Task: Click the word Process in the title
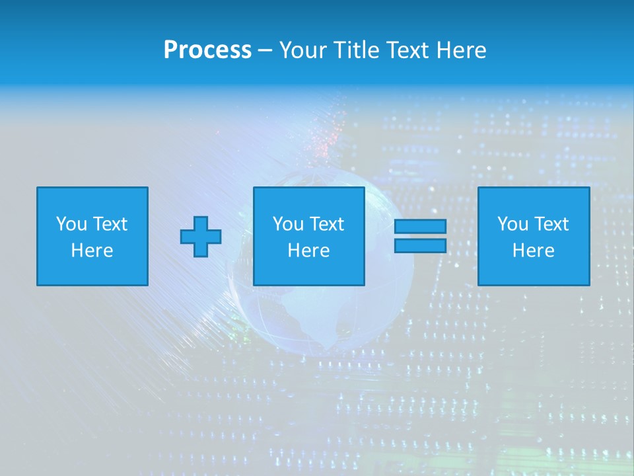pyautogui.click(x=207, y=50)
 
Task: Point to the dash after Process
pyautogui.click(x=265, y=51)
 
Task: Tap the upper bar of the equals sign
pyautogui.click(x=420, y=227)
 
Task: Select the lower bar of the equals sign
pyautogui.click(x=420, y=246)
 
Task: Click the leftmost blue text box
pyautogui.click(x=92, y=236)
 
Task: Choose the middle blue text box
pyautogui.click(x=308, y=236)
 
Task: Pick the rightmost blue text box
pyautogui.click(x=533, y=236)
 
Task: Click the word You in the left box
pyautogui.click(x=71, y=224)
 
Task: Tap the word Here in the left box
pyautogui.click(x=92, y=251)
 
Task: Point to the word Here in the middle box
pyautogui.click(x=308, y=251)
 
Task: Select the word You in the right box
pyautogui.click(x=512, y=224)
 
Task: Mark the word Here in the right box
pyautogui.click(x=533, y=251)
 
